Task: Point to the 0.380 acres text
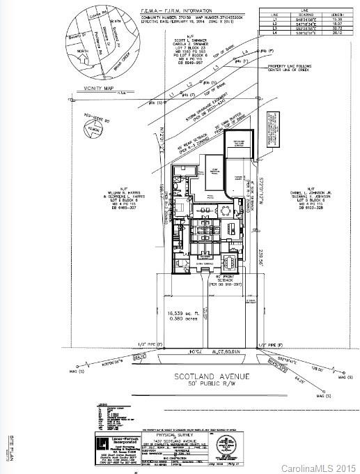[185, 322]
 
